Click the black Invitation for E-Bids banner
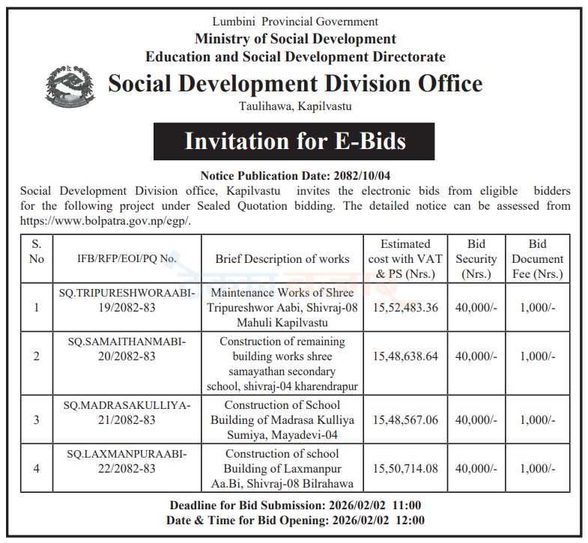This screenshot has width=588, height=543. pos(294,141)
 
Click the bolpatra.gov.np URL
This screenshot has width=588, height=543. pos(106,220)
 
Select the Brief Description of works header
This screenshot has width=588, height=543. pos(282,259)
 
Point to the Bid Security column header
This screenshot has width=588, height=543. pos(476,259)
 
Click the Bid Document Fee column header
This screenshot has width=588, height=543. pos(537,259)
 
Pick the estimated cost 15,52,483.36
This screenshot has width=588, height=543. pos(405,308)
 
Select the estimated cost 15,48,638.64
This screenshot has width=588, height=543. pos(405,357)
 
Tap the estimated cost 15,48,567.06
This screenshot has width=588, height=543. pos(405,420)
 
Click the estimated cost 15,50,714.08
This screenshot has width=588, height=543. pos(405,469)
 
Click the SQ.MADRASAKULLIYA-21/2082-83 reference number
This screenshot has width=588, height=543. pos(127,413)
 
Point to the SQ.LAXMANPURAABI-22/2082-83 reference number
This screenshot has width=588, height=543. pos(127,461)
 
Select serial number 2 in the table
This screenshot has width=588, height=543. pos(37,357)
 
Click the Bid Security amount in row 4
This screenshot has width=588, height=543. pos(476,469)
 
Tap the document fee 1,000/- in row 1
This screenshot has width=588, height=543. pos(537,308)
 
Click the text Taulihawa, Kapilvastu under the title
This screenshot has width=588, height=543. pos(294,106)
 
